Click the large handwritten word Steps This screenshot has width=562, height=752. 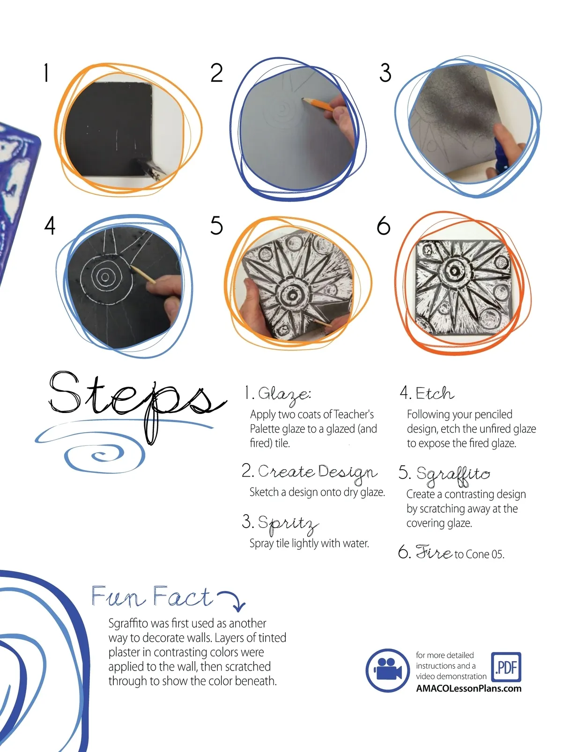click(137, 404)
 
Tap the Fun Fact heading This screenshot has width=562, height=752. click(151, 597)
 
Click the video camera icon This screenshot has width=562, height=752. click(388, 670)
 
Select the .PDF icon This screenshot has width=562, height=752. click(506, 667)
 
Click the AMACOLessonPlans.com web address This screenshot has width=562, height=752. click(468, 688)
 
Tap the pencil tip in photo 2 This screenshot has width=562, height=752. click(303, 99)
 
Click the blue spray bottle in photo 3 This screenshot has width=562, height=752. click(501, 154)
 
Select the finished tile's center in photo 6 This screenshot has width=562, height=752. click(455, 271)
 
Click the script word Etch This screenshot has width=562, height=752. click(435, 393)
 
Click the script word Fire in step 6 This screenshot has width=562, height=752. click(434, 552)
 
